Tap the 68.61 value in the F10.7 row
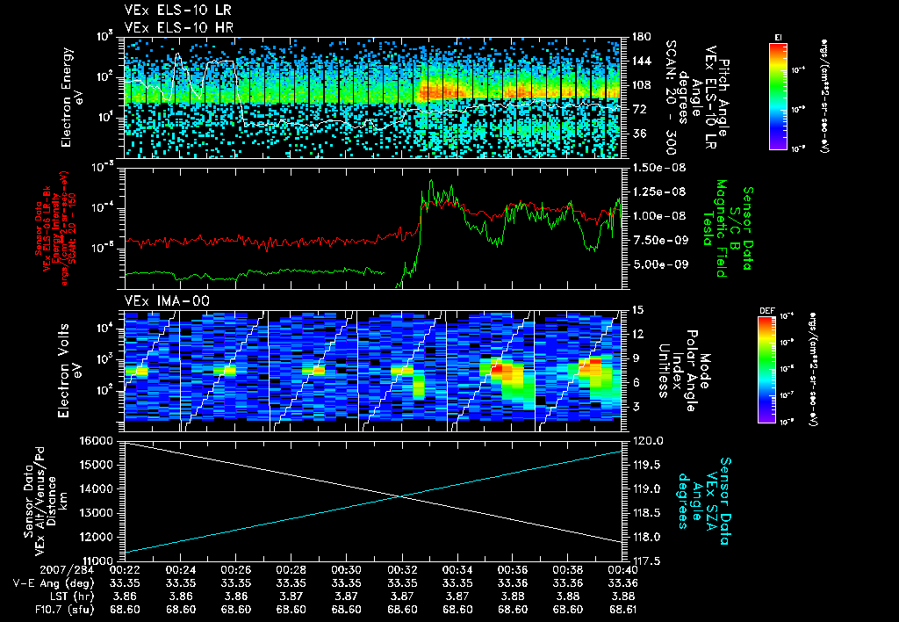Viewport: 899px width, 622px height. (x=622, y=608)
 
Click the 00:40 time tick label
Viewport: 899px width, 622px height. (x=622, y=569)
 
